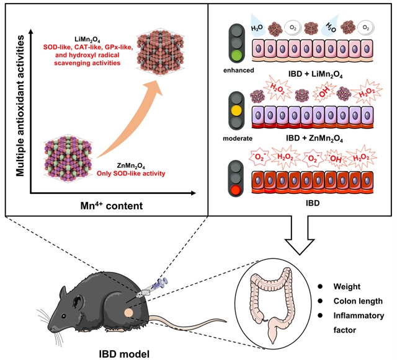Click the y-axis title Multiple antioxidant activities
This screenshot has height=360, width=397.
point(21,105)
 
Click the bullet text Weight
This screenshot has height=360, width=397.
point(346,287)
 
